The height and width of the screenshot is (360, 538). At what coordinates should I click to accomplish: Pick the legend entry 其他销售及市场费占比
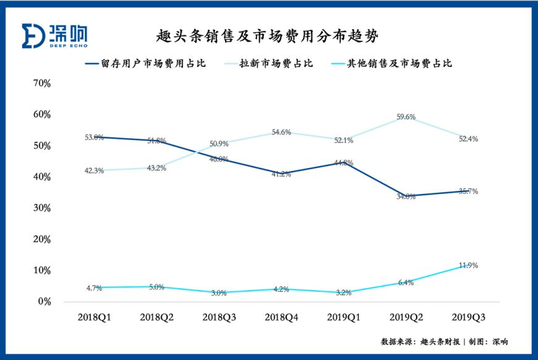pyautogui.click(x=406, y=63)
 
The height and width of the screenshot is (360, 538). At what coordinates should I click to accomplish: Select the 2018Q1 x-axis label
pyautogui.click(x=95, y=317)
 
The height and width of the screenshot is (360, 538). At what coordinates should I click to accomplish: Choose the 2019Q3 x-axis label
pyautogui.click(x=468, y=317)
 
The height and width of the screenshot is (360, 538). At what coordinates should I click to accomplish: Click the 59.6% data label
pyautogui.click(x=406, y=116)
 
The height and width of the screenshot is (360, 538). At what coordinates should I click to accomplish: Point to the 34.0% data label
pyautogui.click(x=406, y=197)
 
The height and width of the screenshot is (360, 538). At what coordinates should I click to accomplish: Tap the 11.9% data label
pyautogui.click(x=468, y=265)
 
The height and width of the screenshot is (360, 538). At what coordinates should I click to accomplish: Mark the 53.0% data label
pyautogui.click(x=95, y=137)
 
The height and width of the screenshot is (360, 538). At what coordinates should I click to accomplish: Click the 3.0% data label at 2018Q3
pyautogui.click(x=220, y=293)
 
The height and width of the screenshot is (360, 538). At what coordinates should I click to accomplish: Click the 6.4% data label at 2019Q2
pyautogui.click(x=406, y=283)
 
